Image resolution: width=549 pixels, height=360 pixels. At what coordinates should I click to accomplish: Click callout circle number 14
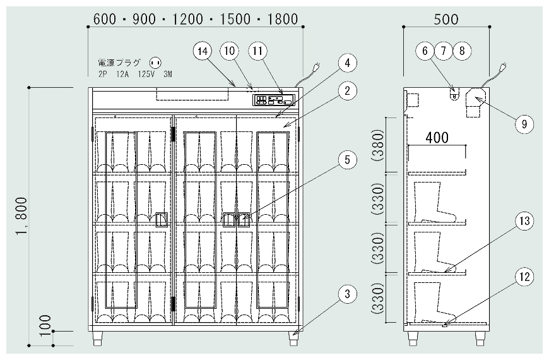(203, 51)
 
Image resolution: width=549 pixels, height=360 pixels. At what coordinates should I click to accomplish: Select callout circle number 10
(229, 51)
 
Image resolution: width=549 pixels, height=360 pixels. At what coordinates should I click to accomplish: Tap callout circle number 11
(257, 51)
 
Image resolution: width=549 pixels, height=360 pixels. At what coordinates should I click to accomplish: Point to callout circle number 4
(347, 63)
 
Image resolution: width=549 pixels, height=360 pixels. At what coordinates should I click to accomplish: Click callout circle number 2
(347, 91)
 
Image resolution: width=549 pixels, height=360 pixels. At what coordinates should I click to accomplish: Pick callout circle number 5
(347, 160)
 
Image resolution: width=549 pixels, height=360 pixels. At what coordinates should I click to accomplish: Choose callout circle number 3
(347, 294)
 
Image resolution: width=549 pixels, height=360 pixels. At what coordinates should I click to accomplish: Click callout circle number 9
(524, 124)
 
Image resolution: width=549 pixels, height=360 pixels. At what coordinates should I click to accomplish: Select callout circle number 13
(524, 221)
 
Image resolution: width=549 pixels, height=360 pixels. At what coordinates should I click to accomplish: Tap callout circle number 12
(524, 277)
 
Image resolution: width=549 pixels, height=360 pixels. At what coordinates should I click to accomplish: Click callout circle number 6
(425, 51)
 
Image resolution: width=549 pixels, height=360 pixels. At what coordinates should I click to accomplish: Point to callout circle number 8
(462, 51)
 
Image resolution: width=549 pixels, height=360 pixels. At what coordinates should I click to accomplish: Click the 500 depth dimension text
(446, 19)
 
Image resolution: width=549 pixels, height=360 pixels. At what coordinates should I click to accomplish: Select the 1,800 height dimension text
(21, 216)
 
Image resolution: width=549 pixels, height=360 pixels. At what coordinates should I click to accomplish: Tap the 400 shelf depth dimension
(437, 138)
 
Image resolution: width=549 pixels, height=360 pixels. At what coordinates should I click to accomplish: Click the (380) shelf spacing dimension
(378, 145)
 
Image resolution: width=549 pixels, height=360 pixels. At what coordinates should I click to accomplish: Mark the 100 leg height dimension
(45, 326)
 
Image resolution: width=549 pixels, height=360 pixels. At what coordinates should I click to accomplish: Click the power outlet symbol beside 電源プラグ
(155, 63)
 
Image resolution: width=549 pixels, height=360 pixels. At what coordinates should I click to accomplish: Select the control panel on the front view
(274, 100)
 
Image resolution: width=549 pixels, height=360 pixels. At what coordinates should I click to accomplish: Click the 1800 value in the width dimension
(283, 19)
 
